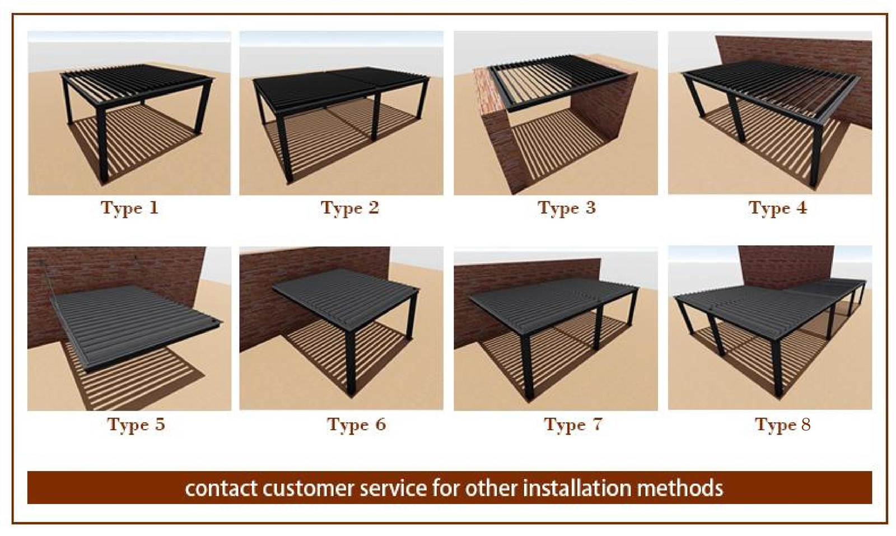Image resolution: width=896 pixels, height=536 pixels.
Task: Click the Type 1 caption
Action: tap(129, 208)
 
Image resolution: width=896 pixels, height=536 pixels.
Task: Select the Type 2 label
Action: tap(349, 208)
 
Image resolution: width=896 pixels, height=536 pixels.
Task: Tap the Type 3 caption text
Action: tap(566, 208)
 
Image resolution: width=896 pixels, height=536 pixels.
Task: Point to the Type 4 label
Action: tap(778, 208)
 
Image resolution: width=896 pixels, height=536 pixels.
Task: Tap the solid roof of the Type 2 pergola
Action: tap(336, 87)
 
